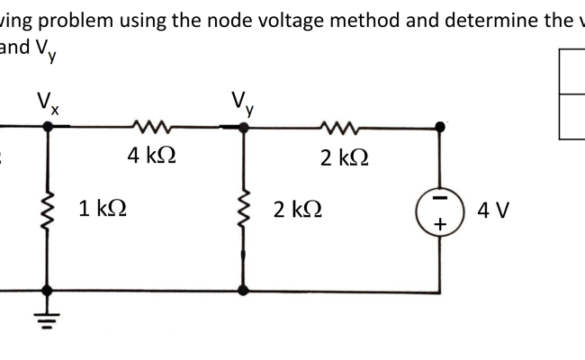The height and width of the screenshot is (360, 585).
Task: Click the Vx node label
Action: pos(49,101)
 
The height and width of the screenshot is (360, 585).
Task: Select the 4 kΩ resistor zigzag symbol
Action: pos(146,127)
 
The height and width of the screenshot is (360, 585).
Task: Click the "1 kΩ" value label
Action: pos(102,210)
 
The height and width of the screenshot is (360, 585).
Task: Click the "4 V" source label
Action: pos(494,211)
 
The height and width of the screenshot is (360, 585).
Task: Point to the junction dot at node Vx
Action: pos(49,128)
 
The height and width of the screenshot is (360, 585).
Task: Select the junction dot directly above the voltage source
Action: pos(441,128)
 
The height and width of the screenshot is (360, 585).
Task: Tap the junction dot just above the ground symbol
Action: pos(49,291)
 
